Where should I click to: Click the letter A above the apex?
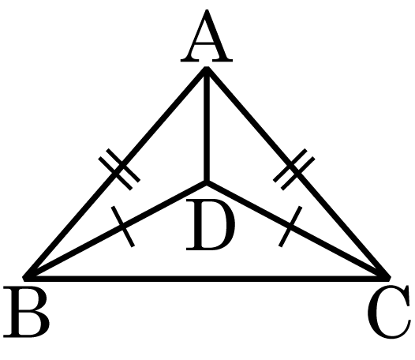(207, 36)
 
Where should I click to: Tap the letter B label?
(26, 313)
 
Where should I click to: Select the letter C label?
(389, 313)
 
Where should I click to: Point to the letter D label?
(211, 225)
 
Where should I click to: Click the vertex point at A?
(207, 69)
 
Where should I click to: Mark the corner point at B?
(24, 279)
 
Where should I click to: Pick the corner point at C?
(389, 279)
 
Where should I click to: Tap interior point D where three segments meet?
(207, 183)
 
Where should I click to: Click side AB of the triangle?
(115, 174)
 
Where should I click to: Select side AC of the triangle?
(297, 174)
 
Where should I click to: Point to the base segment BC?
(207, 279)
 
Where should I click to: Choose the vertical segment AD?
(207, 126)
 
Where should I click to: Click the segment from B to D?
(115, 231)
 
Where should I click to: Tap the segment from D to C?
(297, 231)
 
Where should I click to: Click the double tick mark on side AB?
(119, 170)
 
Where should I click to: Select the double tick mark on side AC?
(294, 170)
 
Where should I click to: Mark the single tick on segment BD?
(123, 227)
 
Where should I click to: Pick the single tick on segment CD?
(290, 227)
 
